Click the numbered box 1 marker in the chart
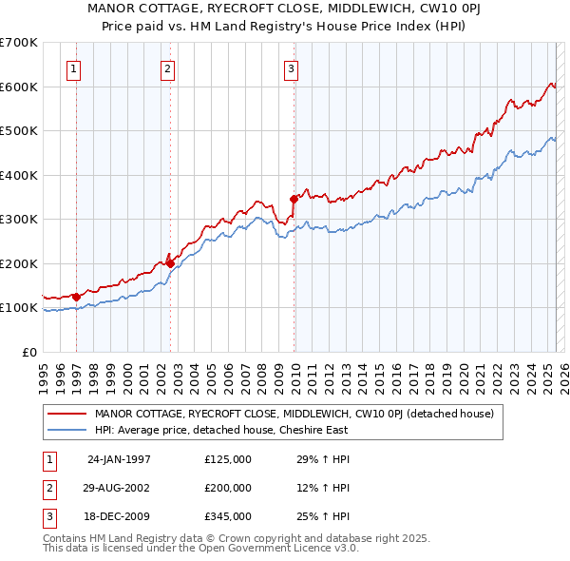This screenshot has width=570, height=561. click(74, 68)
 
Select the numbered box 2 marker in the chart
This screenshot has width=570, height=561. click(167, 68)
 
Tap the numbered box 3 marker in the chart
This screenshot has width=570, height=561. click(291, 68)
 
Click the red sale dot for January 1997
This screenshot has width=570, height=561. click(76, 297)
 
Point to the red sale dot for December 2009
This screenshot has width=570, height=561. click(294, 200)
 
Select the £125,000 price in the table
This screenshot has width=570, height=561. click(228, 459)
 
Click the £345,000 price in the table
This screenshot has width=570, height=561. click(228, 516)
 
